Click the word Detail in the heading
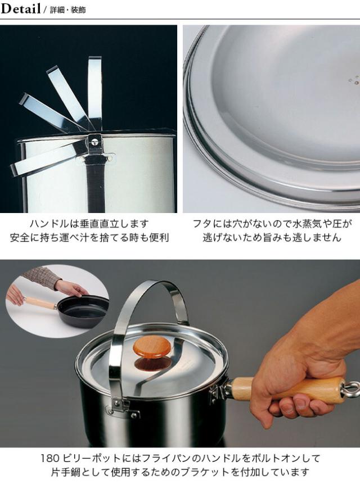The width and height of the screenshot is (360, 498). pos(21,8)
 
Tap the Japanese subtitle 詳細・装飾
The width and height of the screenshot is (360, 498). pos(67,10)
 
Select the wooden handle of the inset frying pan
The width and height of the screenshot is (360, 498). pos(40,302)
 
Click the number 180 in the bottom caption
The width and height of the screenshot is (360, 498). pos(50,458)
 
